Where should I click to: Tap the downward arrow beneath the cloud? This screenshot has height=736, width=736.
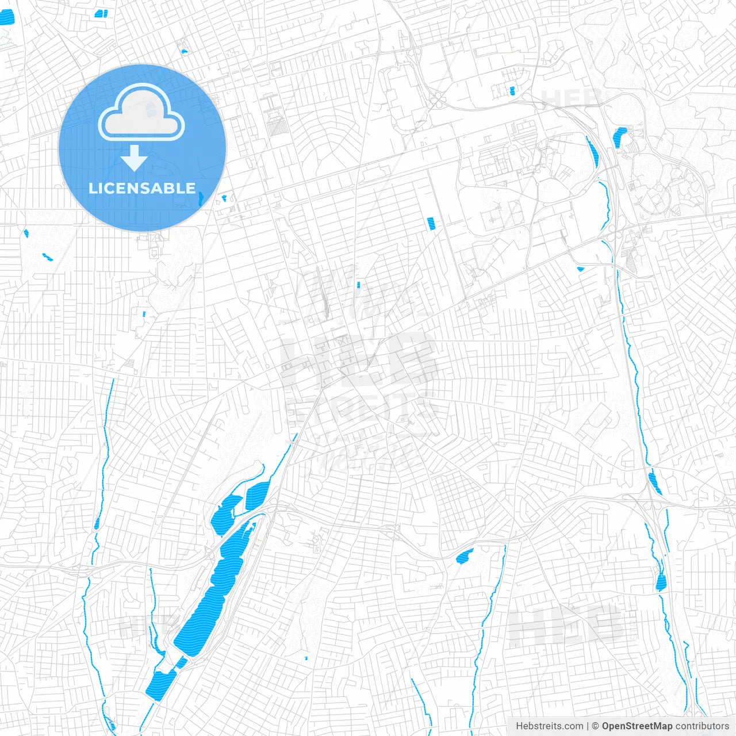coord(135,158)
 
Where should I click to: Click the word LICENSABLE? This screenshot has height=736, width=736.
coord(142,188)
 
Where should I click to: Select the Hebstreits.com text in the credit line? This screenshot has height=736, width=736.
coord(549,726)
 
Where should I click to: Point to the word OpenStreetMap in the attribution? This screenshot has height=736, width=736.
coord(637,726)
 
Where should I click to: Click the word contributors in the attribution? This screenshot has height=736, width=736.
coord(702,726)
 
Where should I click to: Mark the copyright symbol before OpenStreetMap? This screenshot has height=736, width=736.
coord(595,726)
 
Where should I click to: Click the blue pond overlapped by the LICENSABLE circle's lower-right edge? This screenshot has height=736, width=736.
coord(201,200)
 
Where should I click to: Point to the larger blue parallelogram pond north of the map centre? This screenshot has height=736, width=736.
coord(431,223)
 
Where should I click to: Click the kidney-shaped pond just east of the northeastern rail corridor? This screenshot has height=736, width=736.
coord(620,137)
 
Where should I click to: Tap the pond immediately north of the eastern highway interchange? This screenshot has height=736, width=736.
coord(654,482)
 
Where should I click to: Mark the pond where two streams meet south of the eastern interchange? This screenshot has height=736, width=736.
coord(660,582)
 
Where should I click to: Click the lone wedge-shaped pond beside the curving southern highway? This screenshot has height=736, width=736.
coord(464,556)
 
